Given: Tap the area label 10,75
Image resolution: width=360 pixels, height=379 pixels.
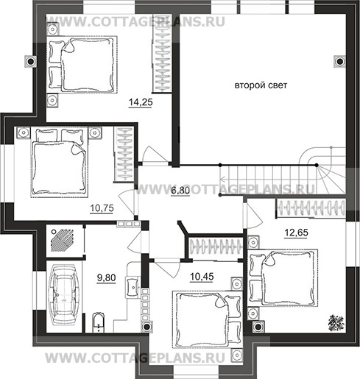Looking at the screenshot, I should [102, 208].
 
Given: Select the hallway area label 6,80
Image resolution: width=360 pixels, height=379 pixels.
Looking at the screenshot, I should [180, 191].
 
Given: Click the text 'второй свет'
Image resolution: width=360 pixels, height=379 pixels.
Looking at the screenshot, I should [261, 86].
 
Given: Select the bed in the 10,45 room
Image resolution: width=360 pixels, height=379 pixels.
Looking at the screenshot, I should [205, 317].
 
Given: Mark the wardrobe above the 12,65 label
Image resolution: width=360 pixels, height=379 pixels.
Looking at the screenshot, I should [310, 208].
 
